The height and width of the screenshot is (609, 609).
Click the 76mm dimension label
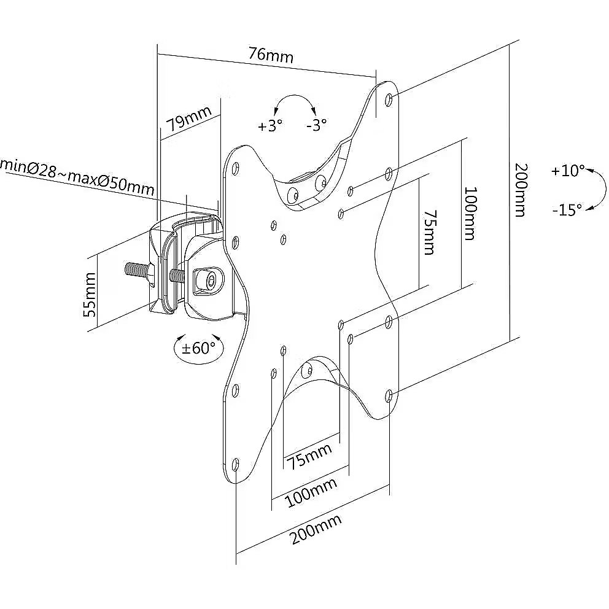point(271,55)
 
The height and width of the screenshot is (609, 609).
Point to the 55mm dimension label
point(90,294)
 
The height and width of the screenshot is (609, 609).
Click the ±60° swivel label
point(199,348)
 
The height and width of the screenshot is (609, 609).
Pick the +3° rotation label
point(270,126)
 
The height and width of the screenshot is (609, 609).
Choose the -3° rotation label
point(316,125)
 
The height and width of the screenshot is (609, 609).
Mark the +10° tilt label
point(568,171)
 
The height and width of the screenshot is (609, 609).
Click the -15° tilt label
point(566,210)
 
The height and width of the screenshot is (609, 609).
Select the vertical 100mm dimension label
point(469,214)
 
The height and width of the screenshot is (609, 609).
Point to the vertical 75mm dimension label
point(429,232)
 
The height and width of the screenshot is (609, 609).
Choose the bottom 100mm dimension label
point(311,492)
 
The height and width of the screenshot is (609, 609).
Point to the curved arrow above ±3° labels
point(294,101)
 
